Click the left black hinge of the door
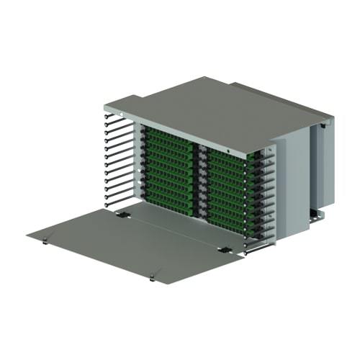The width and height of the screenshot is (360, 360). (x=123, y=214)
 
